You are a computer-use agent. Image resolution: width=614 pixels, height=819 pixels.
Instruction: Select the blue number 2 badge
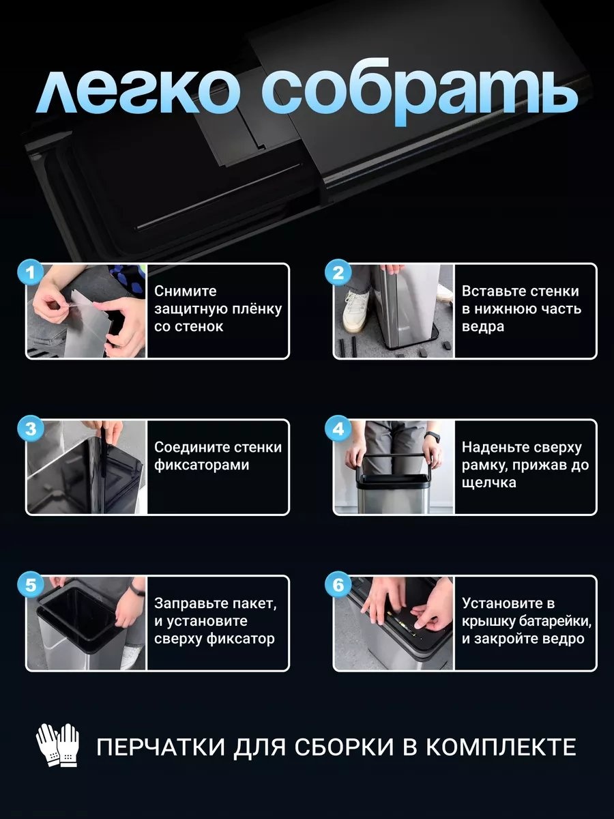[x=338, y=272]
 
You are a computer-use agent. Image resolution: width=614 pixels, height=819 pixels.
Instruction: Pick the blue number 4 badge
[x=338, y=429]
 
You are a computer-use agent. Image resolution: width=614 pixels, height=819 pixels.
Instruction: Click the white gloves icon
[x=57, y=745]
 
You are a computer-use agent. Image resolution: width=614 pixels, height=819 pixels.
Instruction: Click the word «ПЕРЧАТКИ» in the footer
[x=161, y=747]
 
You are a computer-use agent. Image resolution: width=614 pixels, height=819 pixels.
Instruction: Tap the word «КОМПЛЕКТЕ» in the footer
[x=501, y=747]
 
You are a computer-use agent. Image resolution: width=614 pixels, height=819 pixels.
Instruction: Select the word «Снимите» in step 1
[x=186, y=291]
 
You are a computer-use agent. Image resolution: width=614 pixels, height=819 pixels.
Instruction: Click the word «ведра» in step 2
[x=483, y=327]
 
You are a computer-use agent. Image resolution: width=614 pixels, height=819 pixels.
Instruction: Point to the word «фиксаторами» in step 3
[x=202, y=465]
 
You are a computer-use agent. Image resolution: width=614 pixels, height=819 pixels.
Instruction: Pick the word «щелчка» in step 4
[x=489, y=483]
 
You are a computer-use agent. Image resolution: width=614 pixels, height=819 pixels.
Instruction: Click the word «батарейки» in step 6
[x=555, y=621]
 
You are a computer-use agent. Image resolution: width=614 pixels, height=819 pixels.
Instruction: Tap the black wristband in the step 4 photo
[x=431, y=437]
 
